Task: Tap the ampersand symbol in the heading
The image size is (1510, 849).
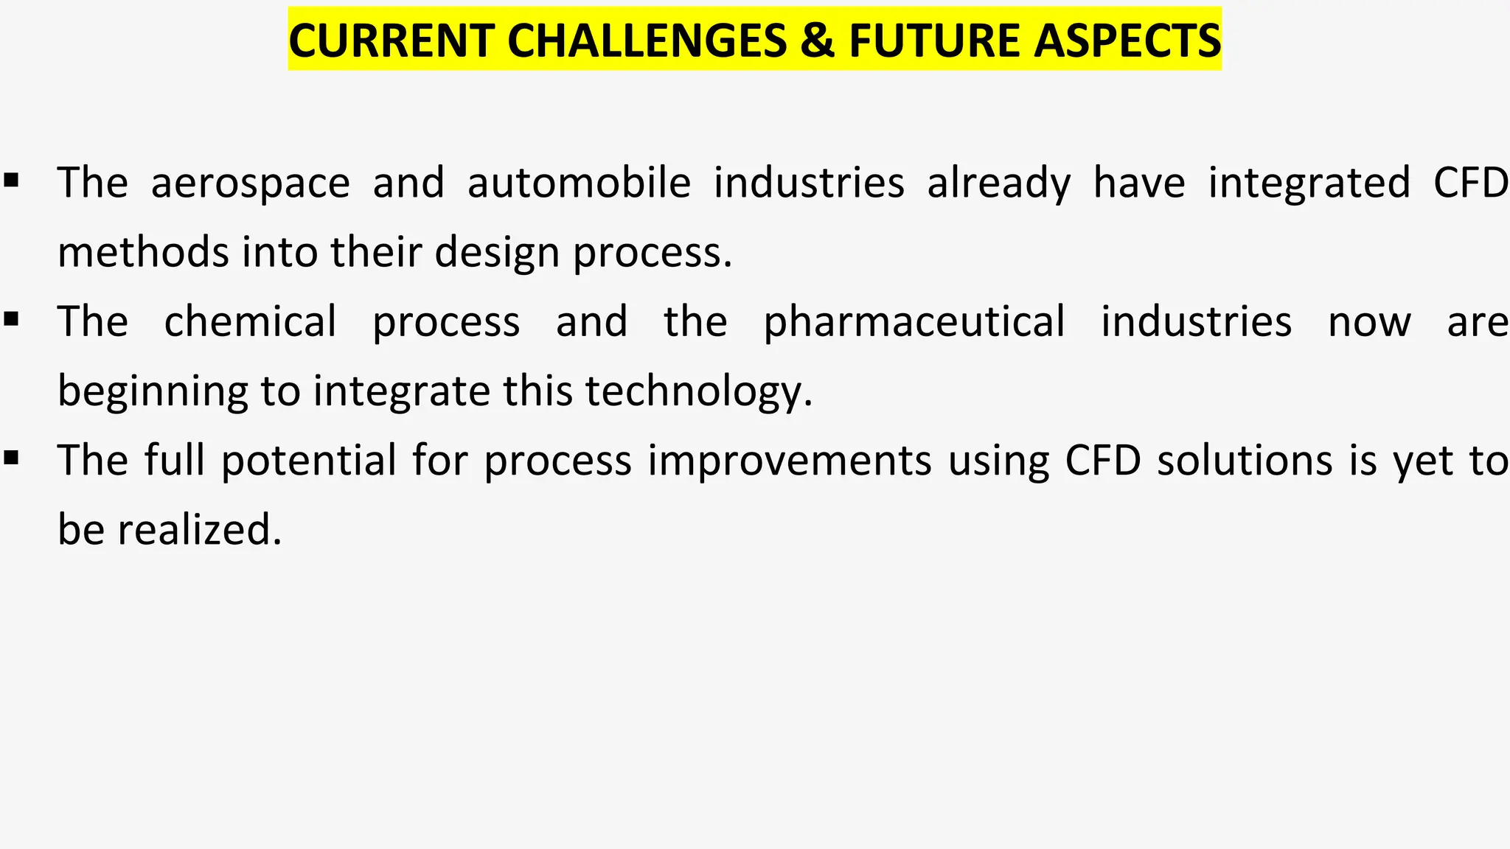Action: point(816,41)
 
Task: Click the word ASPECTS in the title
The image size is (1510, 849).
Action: point(1127,41)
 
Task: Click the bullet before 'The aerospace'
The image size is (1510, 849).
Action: point(10,180)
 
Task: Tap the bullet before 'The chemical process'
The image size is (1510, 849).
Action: point(10,319)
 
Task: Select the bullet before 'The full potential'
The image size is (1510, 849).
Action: point(10,458)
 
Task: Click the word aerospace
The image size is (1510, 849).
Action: point(250,183)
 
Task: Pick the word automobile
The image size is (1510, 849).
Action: point(579,183)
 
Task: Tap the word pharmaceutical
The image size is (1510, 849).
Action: point(914,322)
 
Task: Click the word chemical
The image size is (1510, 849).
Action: point(250,322)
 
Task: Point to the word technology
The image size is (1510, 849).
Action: point(699,391)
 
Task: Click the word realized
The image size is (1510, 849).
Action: point(200,530)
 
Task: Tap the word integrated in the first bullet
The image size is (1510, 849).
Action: point(1309,183)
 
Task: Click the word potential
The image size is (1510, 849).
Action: point(309,461)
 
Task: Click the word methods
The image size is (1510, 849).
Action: point(144,252)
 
